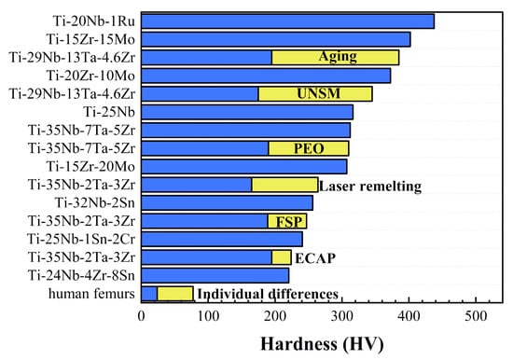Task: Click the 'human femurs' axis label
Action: click(x=94, y=294)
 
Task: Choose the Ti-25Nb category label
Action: click(x=109, y=112)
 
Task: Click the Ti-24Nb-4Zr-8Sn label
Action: click(x=82, y=276)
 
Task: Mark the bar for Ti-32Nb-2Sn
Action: click(x=227, y=202)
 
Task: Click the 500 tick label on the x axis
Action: click(x=477, y=317)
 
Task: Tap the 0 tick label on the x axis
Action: click(x=142, y=317)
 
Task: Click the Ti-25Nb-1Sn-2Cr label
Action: click(x=82, y=240)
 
